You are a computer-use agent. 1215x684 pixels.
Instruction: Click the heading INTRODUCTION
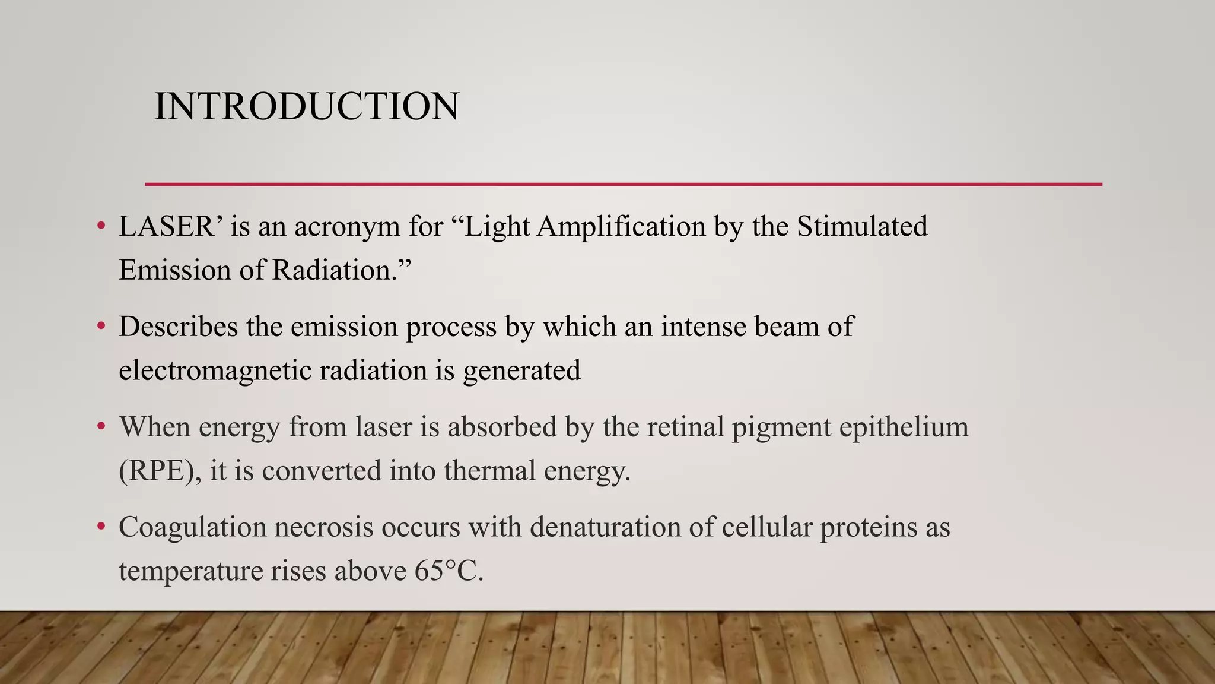click(306, 107)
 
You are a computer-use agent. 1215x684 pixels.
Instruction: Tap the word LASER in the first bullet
click(167, 227)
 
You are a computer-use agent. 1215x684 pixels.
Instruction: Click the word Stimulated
click(862, 227)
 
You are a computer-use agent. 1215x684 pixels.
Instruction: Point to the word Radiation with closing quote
click(342, 271)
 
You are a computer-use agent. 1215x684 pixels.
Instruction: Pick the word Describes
click(178, 327)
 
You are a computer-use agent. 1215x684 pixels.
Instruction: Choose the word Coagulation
click(193, 528)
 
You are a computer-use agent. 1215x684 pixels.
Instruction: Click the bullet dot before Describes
click(101, 326)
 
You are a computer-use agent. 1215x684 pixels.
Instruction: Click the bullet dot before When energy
click(101, 426)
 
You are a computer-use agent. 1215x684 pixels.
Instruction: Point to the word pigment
click(781, 427)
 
